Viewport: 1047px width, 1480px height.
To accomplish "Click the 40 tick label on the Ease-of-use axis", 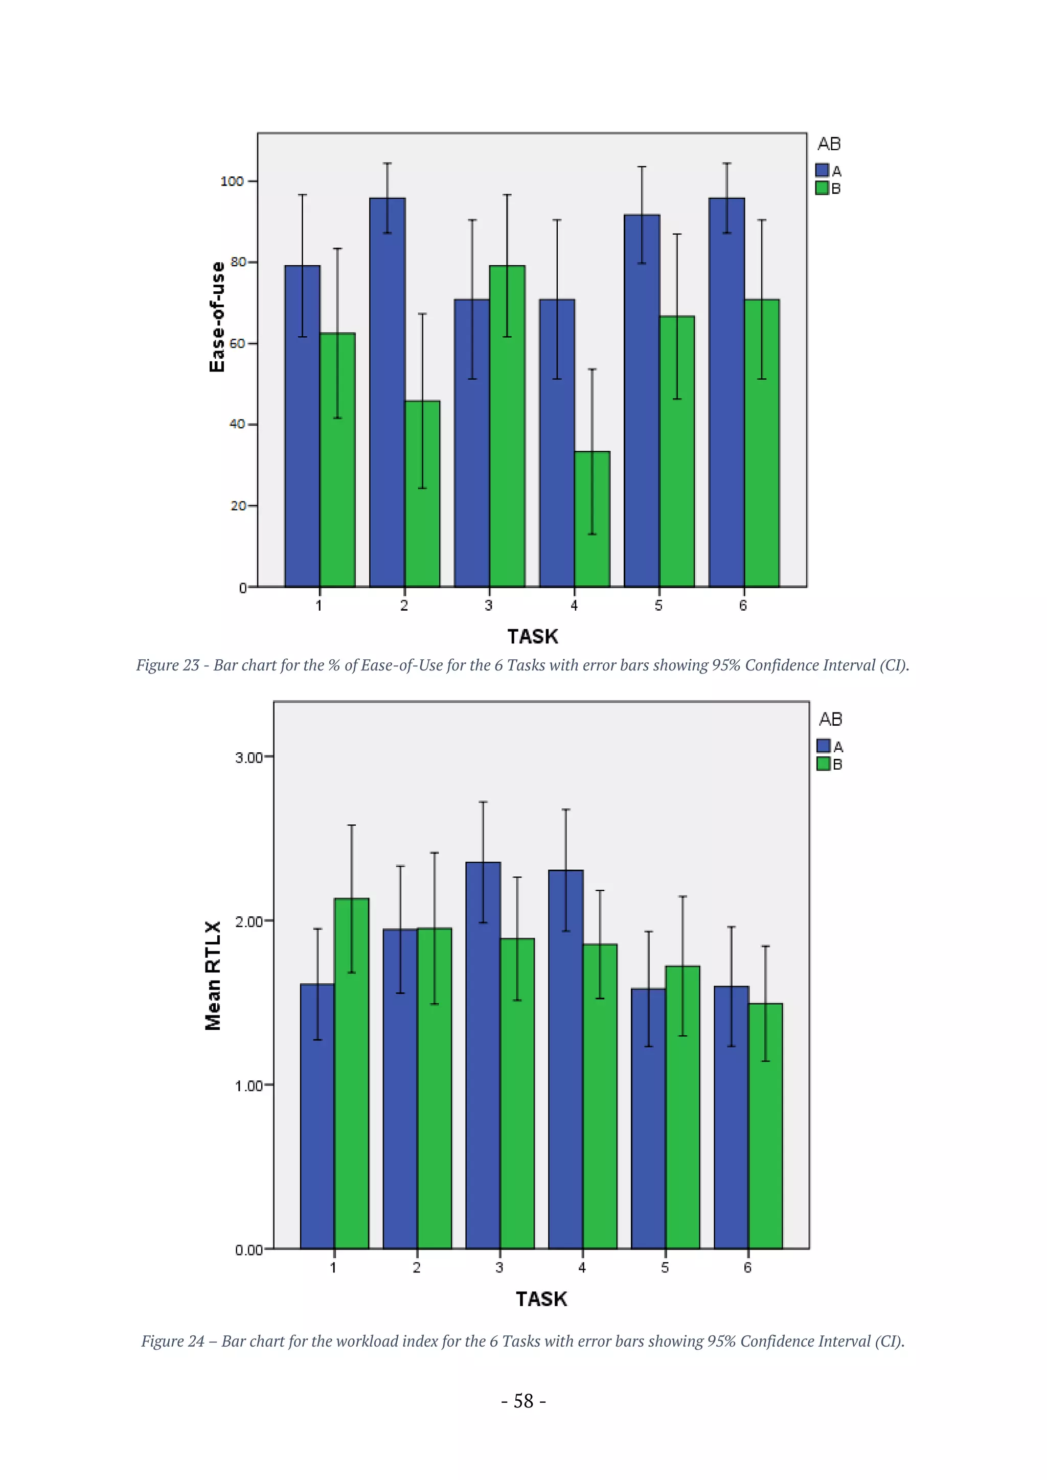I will coord(237,424).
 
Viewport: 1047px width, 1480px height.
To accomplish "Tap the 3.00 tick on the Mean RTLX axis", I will coord(249,757).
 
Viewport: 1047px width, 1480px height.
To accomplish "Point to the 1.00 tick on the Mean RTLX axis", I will coord(249,1086).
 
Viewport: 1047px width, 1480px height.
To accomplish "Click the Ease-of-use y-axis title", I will coord(217,316).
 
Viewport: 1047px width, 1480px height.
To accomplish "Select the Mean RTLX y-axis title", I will coord(213,975).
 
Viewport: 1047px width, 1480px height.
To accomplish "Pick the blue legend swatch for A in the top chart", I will coord(822,170).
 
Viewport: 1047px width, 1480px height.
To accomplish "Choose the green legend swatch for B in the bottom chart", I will coord(823,764).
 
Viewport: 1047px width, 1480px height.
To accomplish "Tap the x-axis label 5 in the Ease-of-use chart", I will coord(658,605).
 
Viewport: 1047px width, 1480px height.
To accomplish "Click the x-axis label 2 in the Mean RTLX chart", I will coord(417,1268).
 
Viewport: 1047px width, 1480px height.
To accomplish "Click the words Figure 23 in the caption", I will coord(168,665).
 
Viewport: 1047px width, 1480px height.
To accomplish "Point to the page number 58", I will coord(523,1401).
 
